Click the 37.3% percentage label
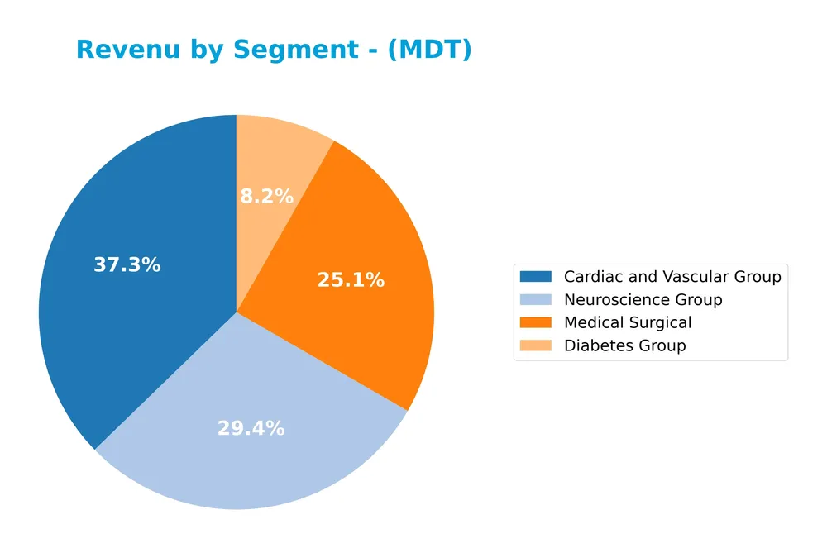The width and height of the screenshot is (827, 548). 127,265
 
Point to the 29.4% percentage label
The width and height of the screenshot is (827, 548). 251,428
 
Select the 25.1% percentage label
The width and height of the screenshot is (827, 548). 351,280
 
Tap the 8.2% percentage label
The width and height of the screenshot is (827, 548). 266,197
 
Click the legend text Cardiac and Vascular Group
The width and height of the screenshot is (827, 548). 672,277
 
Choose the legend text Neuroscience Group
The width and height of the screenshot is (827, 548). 643,300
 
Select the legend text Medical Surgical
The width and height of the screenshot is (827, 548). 627,322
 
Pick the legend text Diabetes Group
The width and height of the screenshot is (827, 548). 624,345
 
